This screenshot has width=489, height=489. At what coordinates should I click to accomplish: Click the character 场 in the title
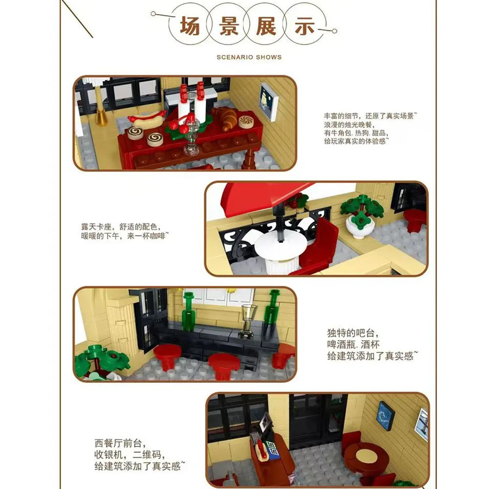pyautogui.click(x=190, y=25)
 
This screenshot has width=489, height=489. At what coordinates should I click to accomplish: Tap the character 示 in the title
pyautogui.click(x=304, y=25)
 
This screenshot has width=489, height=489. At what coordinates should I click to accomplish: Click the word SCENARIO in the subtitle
pyautogui.click(x=234, y=57)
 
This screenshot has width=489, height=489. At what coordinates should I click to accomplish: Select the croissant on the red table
pyautogui.click(x=226, y=117)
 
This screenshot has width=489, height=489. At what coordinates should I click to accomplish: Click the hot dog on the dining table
pyautogui.click(x=147, y=119)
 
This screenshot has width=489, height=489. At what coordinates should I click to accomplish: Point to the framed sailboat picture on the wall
pyautogui.click(x=268, y=102)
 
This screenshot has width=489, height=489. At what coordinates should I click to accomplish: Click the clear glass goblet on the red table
pyautogui.click(x=192, y=138)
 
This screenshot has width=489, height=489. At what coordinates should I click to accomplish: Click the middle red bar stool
pyautogui.click(x=224, y=365)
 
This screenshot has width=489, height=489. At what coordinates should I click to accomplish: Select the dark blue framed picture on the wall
pyautogui.click(x=385, y=416)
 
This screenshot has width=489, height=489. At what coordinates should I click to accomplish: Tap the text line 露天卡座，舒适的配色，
pyautogui.click(x=121, y=226)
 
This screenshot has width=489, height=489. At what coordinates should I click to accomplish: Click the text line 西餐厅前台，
pyautogui.click(x=120, y=443)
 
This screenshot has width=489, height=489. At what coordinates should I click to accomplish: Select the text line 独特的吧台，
pyautogui.click(x=353, y=333)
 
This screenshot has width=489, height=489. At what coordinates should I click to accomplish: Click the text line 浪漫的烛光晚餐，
pyautogui.click(x=349, y=124)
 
